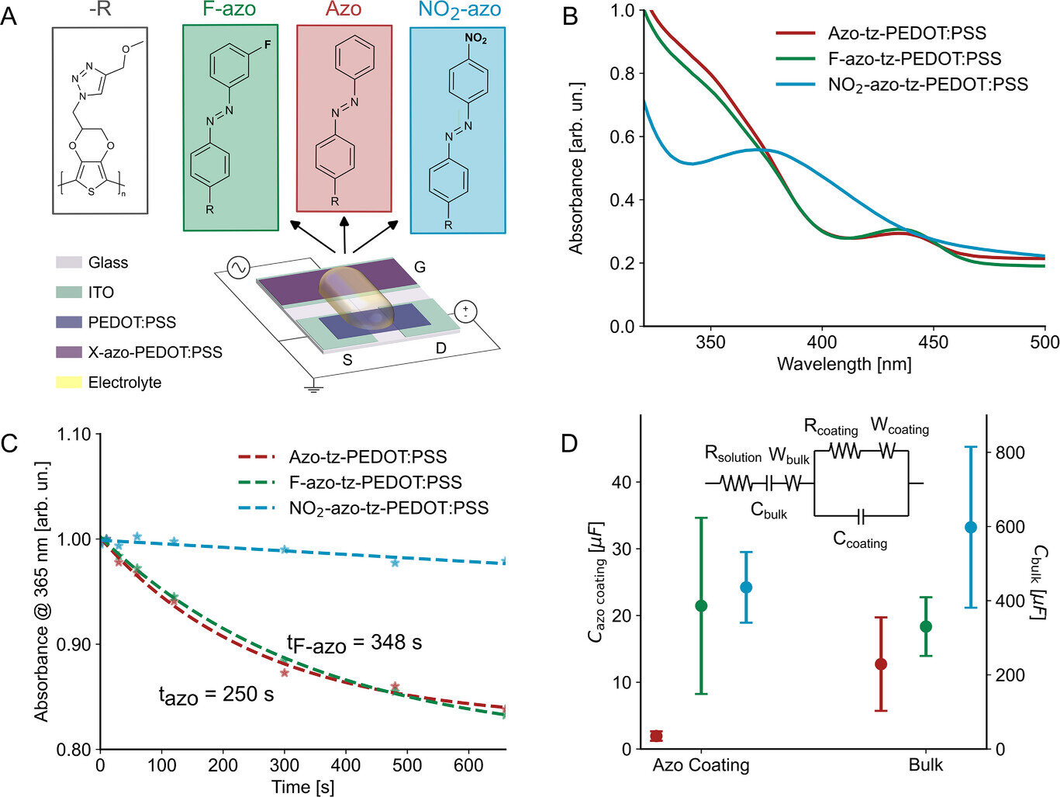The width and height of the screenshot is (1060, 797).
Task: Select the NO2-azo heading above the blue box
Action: click(459, 11)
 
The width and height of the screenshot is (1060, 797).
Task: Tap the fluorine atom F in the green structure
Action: click(268, 45)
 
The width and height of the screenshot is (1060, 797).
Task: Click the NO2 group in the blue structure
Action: click(475, 39)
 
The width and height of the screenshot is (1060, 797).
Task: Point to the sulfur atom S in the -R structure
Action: click(91, 191)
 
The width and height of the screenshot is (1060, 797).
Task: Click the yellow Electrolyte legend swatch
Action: click(68, 382)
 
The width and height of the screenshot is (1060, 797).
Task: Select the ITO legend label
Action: click(101, 293)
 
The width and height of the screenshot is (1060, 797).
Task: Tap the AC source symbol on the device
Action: click(238, 269)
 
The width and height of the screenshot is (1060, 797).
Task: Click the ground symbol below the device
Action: click(313, 387)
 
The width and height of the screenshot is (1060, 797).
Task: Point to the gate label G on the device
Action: click(420, 267)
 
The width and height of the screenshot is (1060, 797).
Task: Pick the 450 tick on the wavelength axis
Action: click(934, 342)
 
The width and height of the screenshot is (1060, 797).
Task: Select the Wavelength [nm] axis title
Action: click(844, 363)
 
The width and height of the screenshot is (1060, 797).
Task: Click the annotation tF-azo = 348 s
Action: click(354, 643)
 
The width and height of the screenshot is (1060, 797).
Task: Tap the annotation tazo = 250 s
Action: click(216, 695)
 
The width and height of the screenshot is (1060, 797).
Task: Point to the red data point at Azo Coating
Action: click(656, 736)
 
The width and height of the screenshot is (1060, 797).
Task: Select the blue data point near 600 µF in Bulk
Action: click(970, 527)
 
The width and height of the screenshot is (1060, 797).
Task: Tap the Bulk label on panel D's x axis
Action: click(926, 765)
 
